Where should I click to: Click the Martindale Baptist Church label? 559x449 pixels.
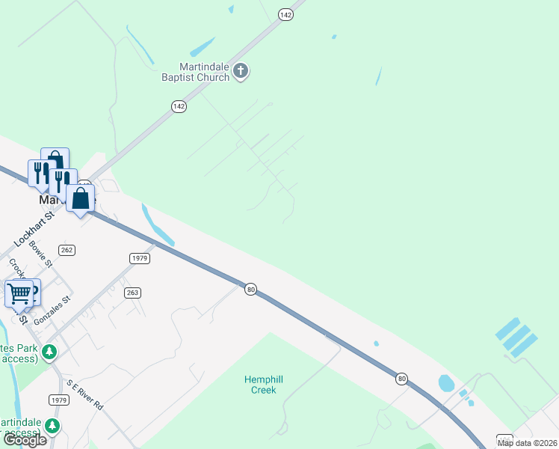tap(195, 71)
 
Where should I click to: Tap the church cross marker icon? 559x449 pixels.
tap(241, 72)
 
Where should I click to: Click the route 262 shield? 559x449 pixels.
tap(67, 250)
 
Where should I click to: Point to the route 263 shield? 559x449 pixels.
tap(132, 293)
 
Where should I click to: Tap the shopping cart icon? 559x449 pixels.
tap(18, 293)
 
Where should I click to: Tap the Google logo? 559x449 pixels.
tap(25, 441)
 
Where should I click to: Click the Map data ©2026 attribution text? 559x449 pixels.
tap(528, 443)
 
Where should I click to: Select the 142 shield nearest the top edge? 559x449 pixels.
tap(285, 14)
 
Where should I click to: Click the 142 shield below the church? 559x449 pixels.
tap(179, 107)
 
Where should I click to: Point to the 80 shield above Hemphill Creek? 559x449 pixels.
tap(251, 289)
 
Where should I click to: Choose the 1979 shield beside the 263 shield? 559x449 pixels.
tap(140, 258)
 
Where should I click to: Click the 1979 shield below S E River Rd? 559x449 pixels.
tap(60, 400)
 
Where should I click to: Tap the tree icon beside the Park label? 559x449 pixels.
tap(50, 351)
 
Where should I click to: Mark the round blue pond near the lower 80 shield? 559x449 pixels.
tap(446, 383)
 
